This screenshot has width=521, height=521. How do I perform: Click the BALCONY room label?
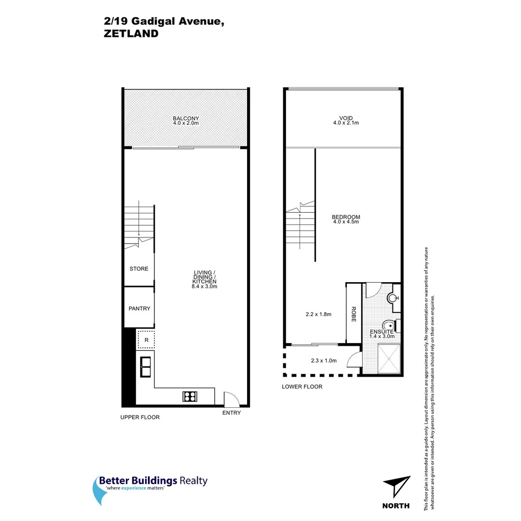(186, 118)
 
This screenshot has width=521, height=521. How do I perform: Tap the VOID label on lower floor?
(346, 118)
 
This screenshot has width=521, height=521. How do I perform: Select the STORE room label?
(139, 269)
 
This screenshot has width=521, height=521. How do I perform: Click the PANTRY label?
(139, 309)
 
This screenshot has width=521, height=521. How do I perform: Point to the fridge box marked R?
(146, 340)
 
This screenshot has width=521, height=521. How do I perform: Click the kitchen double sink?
(145, 367)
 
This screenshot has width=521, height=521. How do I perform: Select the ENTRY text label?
(232, 413)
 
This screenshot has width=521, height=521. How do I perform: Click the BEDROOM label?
(346, 217)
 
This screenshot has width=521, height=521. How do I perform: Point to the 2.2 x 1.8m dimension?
(318, 314)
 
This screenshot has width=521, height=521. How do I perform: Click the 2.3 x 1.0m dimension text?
(324, 360)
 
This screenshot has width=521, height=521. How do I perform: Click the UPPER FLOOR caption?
(140, 417)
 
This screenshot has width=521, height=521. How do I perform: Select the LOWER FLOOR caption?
(302, 386)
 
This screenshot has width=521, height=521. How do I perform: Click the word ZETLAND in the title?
(131, 34)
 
